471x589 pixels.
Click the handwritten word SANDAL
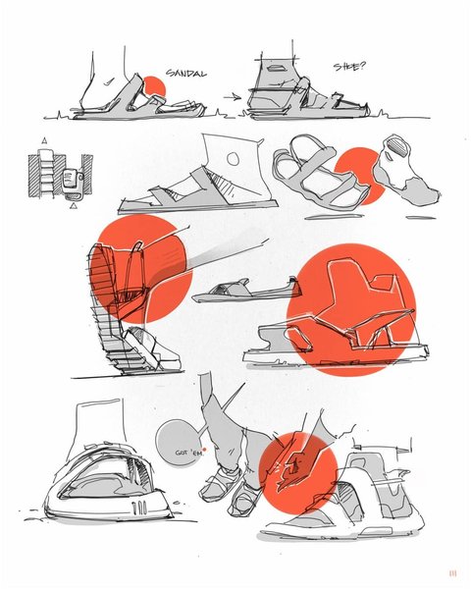(186, 74)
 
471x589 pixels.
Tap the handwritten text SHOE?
(349, 67)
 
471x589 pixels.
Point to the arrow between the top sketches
(233, 97)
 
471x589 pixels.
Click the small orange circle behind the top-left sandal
(154, 86)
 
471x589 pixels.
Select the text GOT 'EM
(189, 453)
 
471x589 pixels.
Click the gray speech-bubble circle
(177, 444)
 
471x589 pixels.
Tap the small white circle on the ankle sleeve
(234, 159)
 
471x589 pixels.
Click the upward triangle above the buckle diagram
(44, 141)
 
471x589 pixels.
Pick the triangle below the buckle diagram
(74, 206)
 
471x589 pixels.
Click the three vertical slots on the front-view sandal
(139, 508)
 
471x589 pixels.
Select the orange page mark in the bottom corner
(452, 573)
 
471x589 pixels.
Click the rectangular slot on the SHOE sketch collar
(278, 69)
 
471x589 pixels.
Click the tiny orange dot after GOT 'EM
(204, 450)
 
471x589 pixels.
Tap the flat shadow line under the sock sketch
(421, 218)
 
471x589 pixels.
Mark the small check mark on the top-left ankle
(109, 81)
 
